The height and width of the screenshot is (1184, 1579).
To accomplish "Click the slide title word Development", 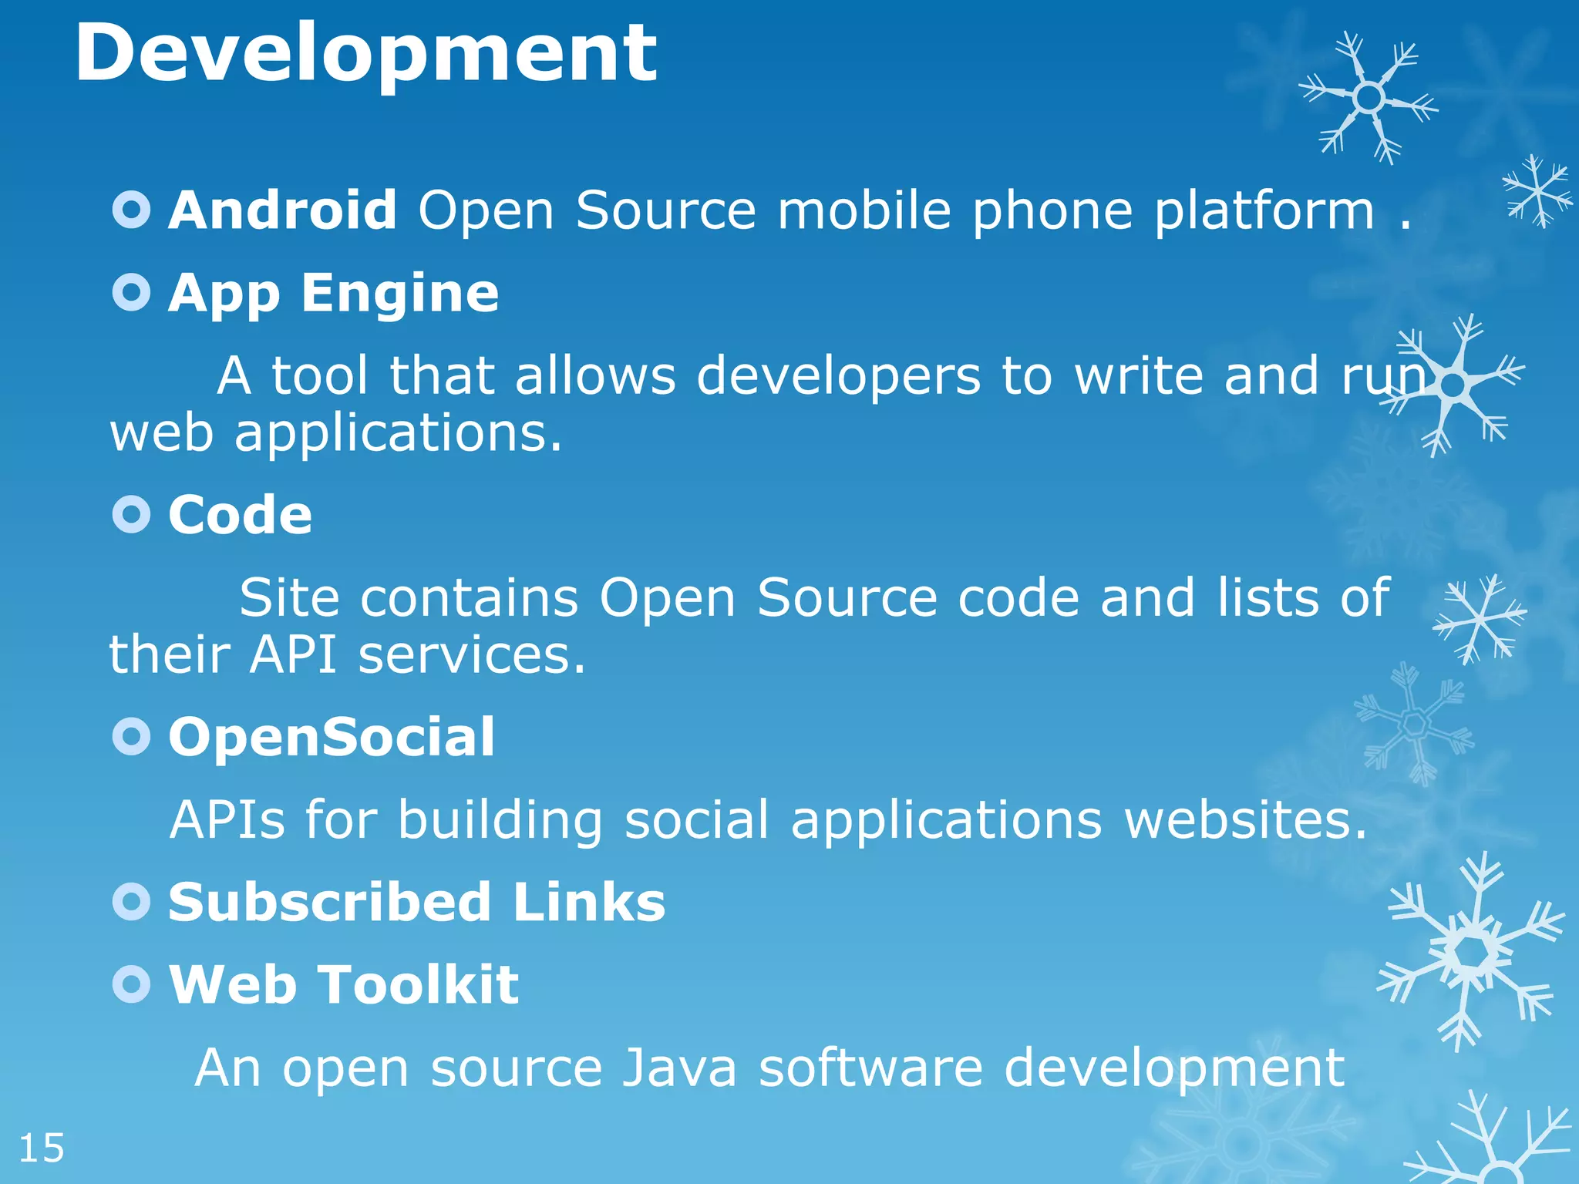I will click(x=366, y=54).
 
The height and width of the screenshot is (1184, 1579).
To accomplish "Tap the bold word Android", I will click(x=283, y=210).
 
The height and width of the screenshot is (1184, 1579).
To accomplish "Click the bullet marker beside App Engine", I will click(x=131, y=292).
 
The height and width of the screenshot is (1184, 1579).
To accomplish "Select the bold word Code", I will click(x=241, y=515).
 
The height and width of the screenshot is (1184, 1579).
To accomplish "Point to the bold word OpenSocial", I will click(x=332, y=737).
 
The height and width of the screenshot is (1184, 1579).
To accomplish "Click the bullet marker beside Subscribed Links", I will click(x=131, y=901).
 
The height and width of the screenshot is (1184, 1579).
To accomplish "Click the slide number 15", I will click(x=42, y=1149).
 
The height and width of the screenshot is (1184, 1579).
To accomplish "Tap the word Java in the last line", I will click(x=679, y=1068).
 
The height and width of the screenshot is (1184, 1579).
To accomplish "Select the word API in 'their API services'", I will click(x=294, y=655).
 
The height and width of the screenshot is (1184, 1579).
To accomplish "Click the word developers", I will click(x=839, y=376).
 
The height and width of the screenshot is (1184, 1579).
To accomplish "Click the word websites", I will click(x=1245, y=819).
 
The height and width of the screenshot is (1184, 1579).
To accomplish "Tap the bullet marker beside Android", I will click(x=131, y=210).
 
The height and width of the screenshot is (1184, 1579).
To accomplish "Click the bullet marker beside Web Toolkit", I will click(x=131, y=984).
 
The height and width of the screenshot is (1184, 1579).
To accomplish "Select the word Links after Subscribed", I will click(x=588, y=902).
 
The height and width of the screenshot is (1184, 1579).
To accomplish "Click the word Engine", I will click(x=400, y=294).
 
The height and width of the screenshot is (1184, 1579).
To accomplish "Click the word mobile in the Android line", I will click(x=864, y=210).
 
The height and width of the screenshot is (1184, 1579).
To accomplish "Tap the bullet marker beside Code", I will click(x=131, y=514).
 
